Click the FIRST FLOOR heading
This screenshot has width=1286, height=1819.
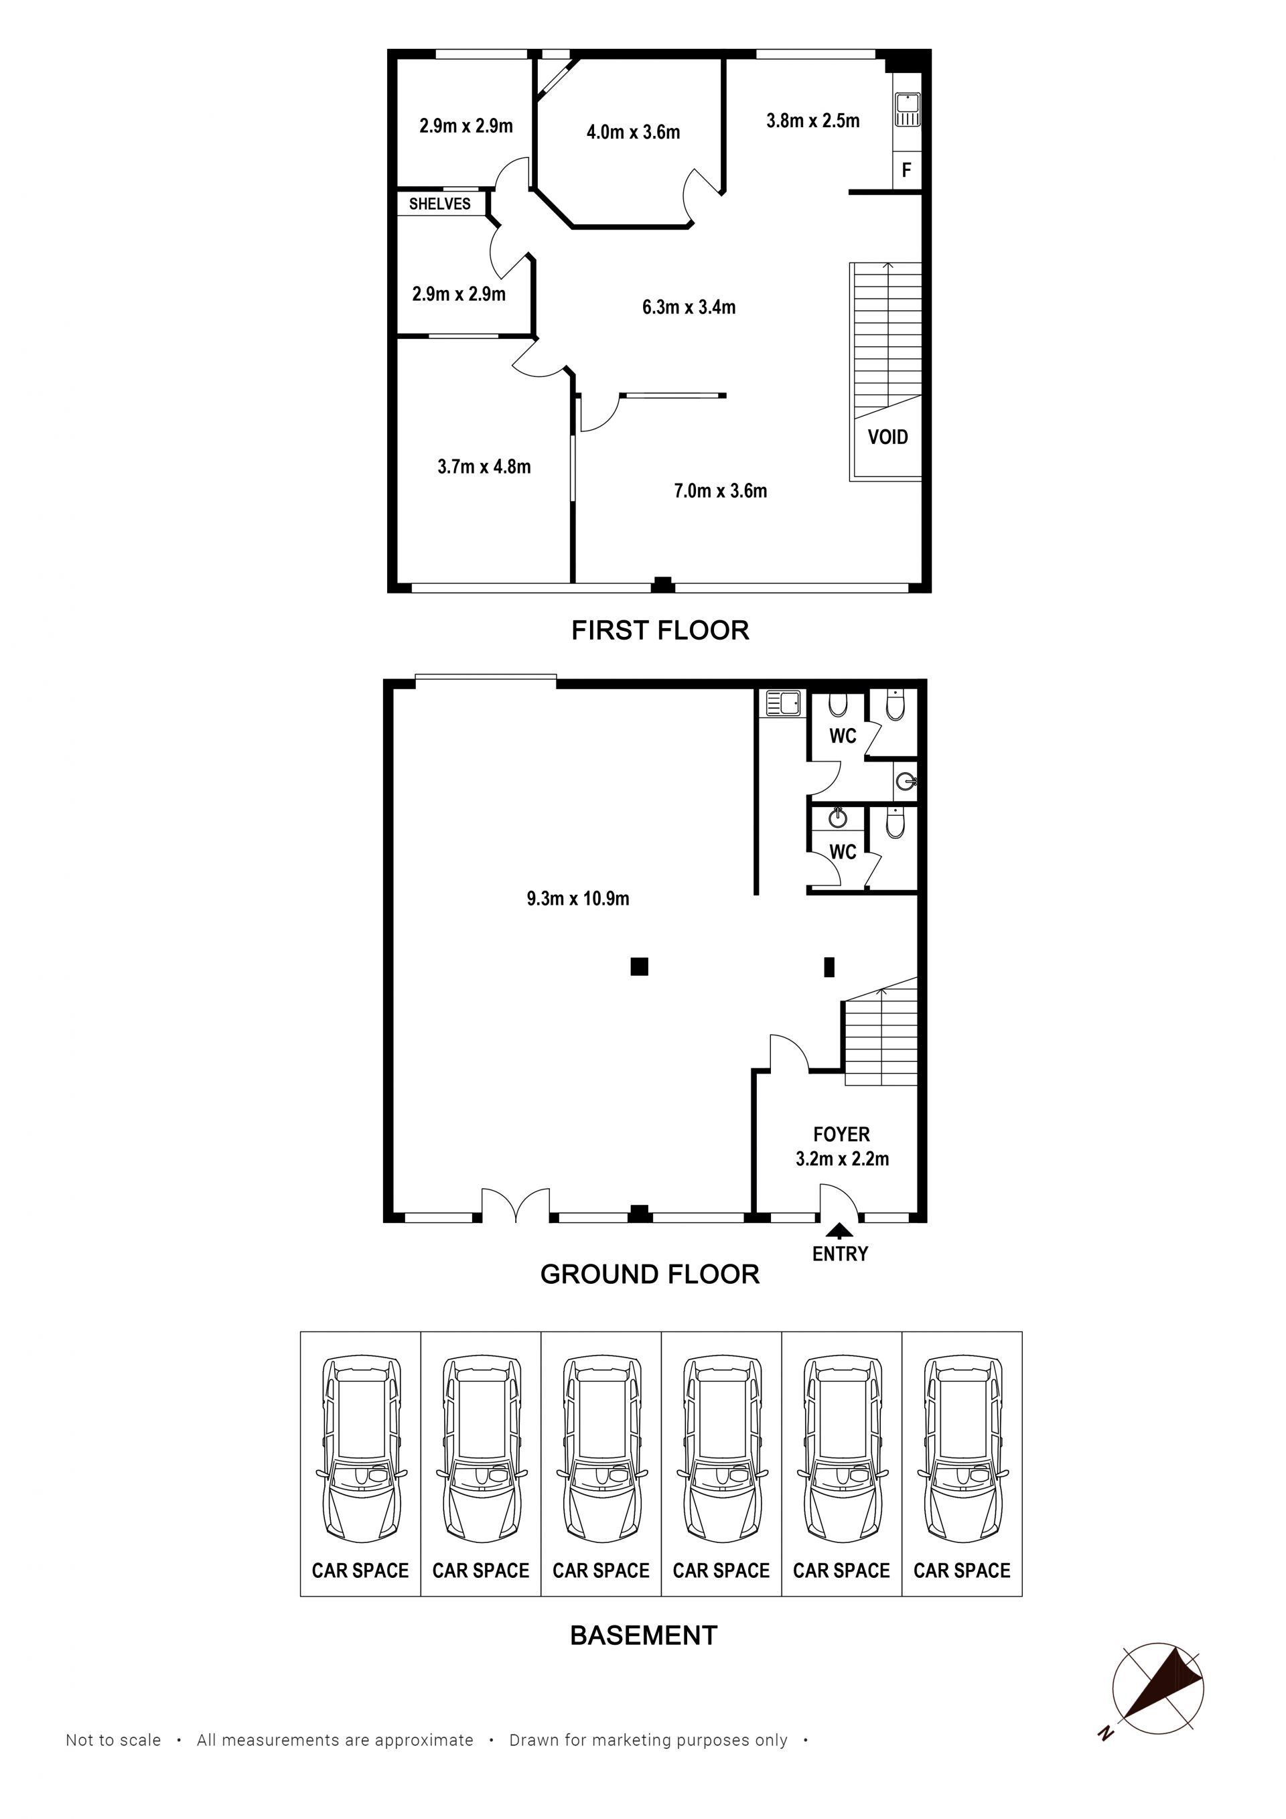660,631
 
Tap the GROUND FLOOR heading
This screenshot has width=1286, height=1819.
650,1274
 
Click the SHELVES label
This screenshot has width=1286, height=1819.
440,204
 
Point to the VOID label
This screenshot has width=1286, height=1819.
887,437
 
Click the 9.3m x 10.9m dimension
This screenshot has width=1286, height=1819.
577,898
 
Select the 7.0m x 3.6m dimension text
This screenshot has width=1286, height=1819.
720,491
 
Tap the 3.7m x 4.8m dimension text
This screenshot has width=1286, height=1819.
484,467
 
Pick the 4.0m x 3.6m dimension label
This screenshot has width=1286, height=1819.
633,133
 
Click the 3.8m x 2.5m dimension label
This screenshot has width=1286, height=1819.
813,121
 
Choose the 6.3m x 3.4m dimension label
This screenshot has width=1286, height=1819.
689,307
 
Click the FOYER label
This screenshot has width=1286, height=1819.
841,1135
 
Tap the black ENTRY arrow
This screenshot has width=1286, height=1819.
840,1230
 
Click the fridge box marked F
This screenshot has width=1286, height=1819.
906,170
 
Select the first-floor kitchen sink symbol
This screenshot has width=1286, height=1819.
908,110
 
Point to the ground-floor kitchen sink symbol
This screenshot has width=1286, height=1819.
783,703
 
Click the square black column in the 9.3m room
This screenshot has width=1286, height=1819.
640,966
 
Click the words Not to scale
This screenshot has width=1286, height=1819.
113,1740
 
